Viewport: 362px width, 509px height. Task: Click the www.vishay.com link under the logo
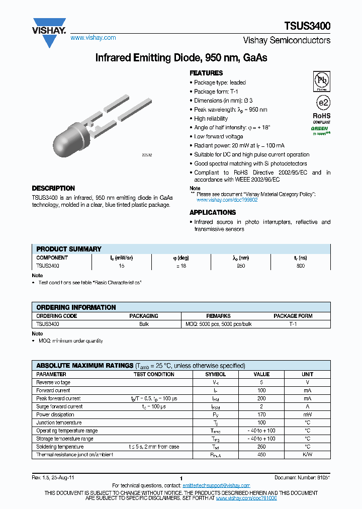93,38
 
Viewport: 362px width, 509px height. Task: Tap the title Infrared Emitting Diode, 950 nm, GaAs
181,58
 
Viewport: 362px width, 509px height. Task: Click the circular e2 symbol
322,103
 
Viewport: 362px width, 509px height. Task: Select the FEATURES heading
206,73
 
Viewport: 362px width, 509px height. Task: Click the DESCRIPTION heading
53,188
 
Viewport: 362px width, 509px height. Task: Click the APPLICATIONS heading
213,212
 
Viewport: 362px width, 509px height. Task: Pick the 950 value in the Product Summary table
241,266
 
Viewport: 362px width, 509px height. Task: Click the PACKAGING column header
144,316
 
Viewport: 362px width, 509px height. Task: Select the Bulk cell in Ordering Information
144,324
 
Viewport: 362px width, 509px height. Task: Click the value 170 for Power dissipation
261,414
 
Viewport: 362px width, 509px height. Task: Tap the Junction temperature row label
59,422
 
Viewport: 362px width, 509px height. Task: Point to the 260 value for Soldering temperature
261,447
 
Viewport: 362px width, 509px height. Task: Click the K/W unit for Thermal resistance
307,455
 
